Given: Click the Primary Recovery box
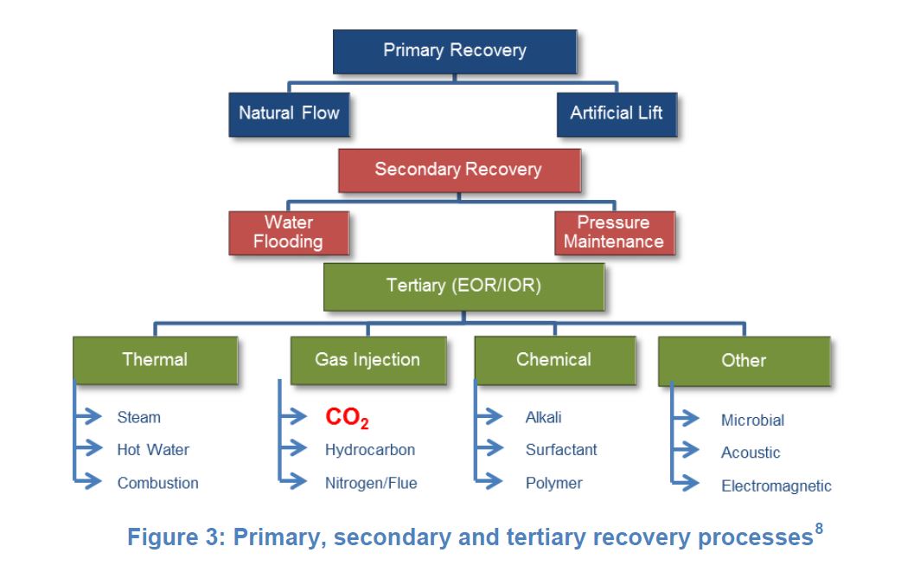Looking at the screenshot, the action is pos(455,51).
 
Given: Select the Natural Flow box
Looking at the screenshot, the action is pos(289,114).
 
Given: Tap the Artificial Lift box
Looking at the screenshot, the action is pos(617,114).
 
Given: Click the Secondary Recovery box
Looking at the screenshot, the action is pos(459,170).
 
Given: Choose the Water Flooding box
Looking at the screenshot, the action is pos(289,234).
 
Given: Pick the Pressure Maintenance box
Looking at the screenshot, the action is pos(615,234).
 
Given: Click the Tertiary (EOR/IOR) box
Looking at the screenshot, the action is pos(464,286).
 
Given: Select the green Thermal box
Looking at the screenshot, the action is pos(155,360).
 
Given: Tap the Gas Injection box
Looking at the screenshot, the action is pos(368,360).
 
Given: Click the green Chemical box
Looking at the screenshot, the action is pos(555,360).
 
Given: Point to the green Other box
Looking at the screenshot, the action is pos(744,361).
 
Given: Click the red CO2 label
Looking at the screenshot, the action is pos(347,417).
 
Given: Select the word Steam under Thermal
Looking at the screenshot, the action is pos(138,417).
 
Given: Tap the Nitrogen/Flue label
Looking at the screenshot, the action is pos(371,483).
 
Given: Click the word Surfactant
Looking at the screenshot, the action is pos(561,450).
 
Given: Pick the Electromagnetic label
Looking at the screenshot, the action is pos(776,485).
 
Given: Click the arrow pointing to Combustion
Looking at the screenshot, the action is pos(88,481).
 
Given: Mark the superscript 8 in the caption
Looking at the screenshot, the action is pos(819,528).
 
